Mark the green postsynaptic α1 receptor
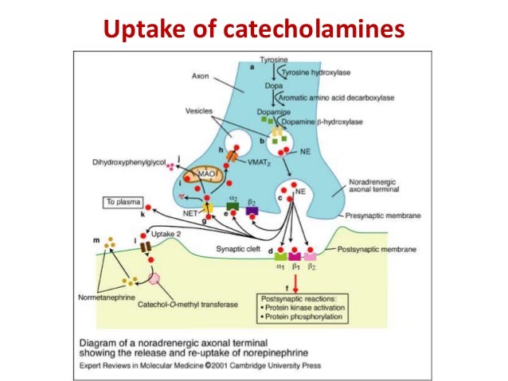tap(281, 255)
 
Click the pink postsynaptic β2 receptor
tap(309, 255)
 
